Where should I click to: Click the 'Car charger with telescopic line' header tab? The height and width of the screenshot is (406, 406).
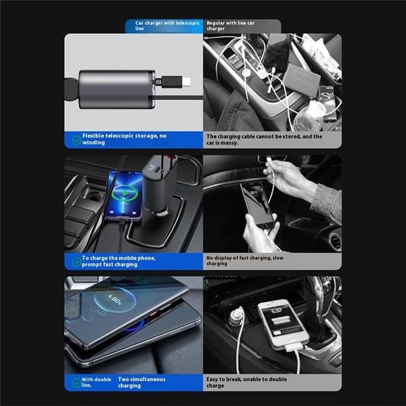pyautogui.click(x=164, y=26)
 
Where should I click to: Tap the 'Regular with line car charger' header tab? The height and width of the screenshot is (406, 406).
pyautogui.click(x=242, y=26)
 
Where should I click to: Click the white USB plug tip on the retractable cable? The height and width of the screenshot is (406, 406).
pyautogui.click(x=187, y=82)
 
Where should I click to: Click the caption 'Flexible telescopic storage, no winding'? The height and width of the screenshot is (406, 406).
pyautogui.click(x=125, y=139)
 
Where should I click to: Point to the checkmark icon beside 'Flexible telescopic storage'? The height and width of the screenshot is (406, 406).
pyautogui.click(x=76, y=140)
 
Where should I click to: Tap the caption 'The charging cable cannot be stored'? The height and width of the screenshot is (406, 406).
pyautogui.click(x=264, y=139)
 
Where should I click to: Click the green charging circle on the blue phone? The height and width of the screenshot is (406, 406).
pyautogui.click(x=125, y=194)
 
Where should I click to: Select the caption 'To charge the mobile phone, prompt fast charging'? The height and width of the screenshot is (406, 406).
pyautogui.click(x=118, y=261)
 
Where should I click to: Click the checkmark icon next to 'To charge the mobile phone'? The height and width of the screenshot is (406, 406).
pyautogui.click(x=76, y=262)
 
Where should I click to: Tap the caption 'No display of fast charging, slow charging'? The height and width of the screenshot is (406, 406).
pyautogui.click(x=245, y=261)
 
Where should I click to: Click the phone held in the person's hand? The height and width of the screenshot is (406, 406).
pyautogui.click(x=257, y=204)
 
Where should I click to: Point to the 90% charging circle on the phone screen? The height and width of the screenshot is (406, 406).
pyautogui.click(x=115, y=300)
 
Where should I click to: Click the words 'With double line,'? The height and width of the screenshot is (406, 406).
pyautogui.click(x=96, y=382)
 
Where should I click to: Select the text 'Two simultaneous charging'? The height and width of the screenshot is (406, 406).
pyautogui.click(x=141, y=382)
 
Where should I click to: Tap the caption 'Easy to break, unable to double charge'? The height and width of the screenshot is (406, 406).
pyautogui.click(x=246, y=382)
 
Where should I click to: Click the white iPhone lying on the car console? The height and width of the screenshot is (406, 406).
pyautogui.click(x=284, y=323)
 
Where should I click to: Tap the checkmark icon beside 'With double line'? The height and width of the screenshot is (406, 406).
pyautogui.click(x=76, y=383)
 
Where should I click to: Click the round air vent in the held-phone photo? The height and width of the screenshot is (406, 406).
pyautogui.click(x=336, y=242)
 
